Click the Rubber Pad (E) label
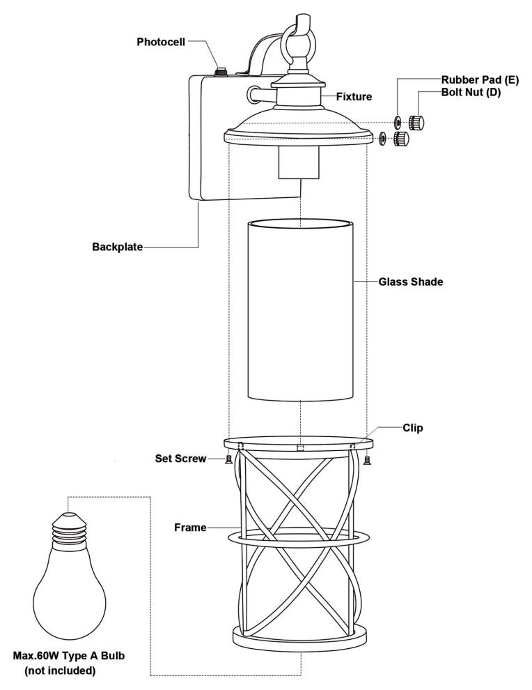coord(480,80)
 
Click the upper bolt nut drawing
coord(418,122)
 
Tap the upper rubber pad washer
coord(397,123)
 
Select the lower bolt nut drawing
coord(401,139)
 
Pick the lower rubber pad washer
coord(383,139)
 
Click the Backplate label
coord(118,247)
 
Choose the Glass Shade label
coord(411,282)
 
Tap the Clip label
coord(412,428)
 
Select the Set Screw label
coord(180,459)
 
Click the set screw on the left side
coord(228,459)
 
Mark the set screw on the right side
coord(367,459)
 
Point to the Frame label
coord(190,528)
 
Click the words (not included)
coord(61,671)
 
